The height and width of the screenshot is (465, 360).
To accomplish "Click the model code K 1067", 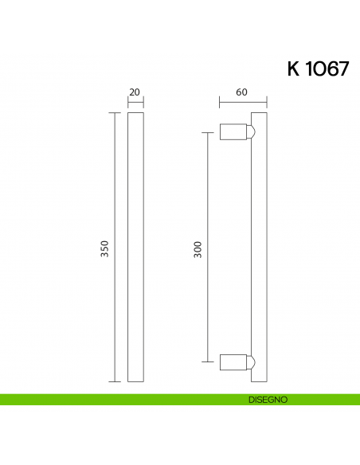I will [318, 68].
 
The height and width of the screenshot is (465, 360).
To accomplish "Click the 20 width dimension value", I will [135, 92].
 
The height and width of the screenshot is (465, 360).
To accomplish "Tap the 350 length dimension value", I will [104, 248].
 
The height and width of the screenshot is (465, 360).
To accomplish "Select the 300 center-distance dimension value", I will [198, 248].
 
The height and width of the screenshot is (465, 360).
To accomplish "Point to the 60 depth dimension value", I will [241, 92].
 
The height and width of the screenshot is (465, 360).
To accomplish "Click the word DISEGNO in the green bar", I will [267, 400].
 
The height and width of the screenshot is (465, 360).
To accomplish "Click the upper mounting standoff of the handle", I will [233, 132].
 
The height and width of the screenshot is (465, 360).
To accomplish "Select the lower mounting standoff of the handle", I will [233, 362].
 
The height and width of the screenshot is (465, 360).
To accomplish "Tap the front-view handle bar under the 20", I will [135, 247].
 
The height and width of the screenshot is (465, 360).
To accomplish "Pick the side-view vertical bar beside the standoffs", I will [259, 247].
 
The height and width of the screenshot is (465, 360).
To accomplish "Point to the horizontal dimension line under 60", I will [243, 102].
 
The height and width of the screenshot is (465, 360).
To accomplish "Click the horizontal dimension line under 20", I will [135, 102].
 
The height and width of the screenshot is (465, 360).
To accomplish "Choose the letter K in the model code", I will [293, 68].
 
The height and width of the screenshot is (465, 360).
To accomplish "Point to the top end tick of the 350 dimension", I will [115, 112].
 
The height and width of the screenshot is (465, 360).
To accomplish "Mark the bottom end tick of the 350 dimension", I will [115, 381].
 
